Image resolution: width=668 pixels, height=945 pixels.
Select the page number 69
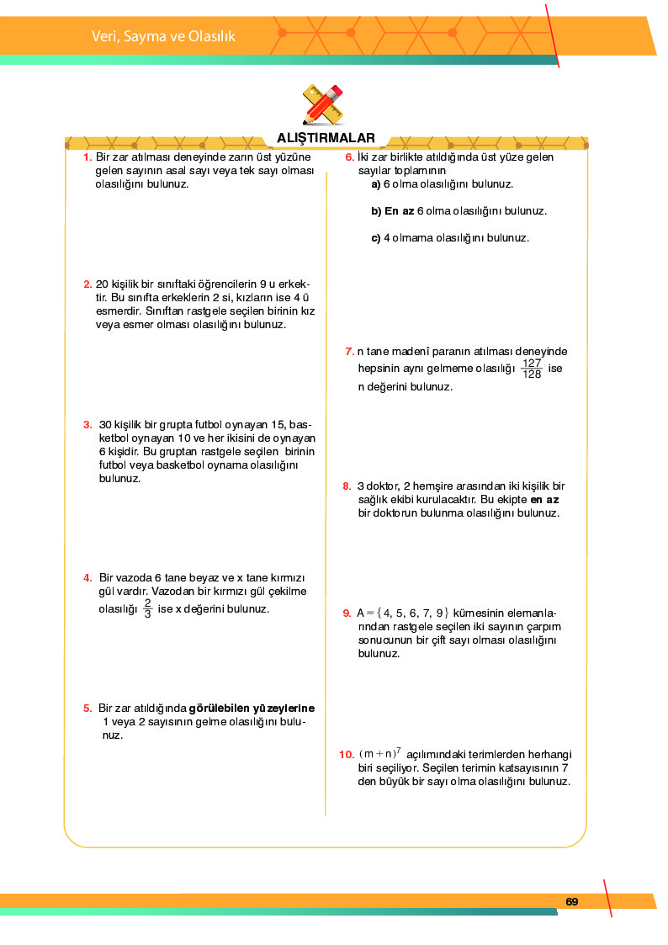572,902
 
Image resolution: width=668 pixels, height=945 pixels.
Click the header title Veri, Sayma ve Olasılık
163,36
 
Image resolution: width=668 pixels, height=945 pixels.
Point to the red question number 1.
87,157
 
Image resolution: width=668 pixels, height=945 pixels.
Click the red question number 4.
87,577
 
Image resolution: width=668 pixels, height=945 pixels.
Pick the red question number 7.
349,351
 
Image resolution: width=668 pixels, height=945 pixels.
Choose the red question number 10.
347,755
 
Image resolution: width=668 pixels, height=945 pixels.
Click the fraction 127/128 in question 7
531,369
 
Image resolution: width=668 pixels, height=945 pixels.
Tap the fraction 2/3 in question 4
147,608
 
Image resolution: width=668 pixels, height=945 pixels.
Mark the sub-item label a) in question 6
376,183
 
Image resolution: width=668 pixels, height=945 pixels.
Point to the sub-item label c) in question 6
376,237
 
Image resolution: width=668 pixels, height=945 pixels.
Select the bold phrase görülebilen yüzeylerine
257,708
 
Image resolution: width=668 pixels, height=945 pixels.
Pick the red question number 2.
87,284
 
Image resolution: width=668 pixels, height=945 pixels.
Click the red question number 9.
347,613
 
